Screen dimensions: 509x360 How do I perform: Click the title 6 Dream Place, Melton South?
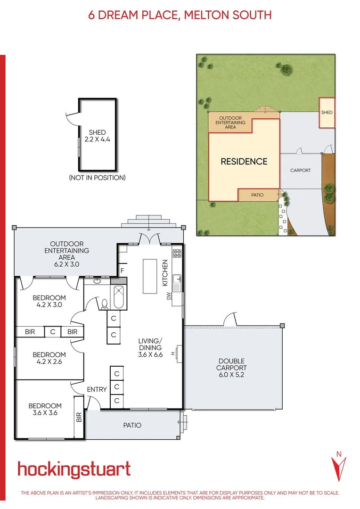tap(180, 15)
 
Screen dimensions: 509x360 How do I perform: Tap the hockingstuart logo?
tap(74, 469)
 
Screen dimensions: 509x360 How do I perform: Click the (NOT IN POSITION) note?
tap(97, 178)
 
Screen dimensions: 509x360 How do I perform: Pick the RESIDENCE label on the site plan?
tap(244, 162)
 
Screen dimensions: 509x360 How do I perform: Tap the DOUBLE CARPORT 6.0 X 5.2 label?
tap(231, 368)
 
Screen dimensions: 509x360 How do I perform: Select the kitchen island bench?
tap(150, 276)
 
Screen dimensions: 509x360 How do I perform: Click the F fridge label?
tap(122, 271)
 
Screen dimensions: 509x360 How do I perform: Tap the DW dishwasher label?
tap(168, 297)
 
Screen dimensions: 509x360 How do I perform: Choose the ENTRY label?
tap(97, 389)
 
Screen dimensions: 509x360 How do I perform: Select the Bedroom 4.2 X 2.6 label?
tap(49, 358)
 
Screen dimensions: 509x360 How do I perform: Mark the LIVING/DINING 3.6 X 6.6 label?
tap(150, 348)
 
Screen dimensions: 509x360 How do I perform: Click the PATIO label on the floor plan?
tap(132, 425)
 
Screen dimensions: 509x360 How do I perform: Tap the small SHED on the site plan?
tap(327, 113)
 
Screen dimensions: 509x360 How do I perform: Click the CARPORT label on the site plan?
tap(300, 170)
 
